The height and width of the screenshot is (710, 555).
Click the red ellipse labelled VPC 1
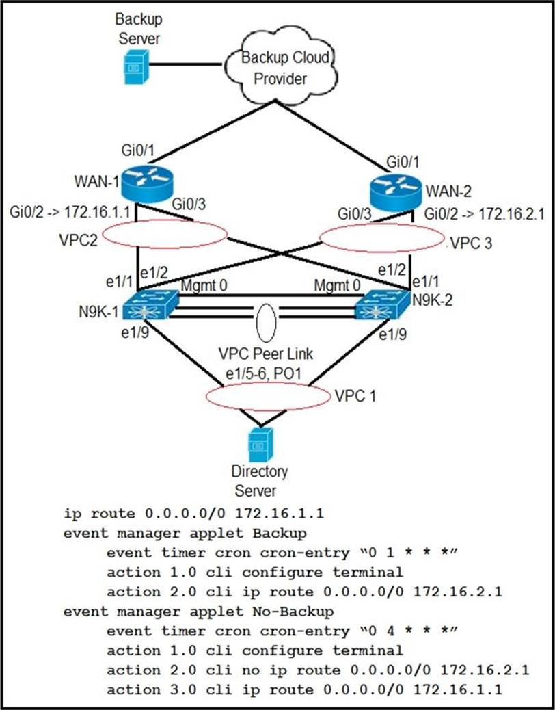pyautogui.click(x=267, y=397)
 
